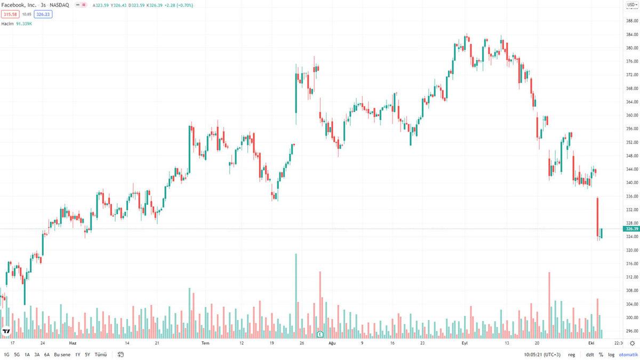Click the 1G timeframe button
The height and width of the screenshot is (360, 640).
coord(6,355)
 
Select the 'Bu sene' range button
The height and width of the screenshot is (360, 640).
coord(62,355)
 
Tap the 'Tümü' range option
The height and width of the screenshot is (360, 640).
coord(101,355)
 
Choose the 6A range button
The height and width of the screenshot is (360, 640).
coord(47,355)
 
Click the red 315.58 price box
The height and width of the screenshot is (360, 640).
coord(10,14)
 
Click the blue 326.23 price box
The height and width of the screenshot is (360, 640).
coord(43,14)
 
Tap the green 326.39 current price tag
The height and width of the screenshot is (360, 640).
coord(631,229)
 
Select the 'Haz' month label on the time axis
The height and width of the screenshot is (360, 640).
coord(73,343)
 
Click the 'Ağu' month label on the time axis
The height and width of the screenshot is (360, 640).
coord(332,343)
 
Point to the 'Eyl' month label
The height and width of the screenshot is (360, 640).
coord(464,343)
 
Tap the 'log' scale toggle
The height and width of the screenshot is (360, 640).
coord(611,355)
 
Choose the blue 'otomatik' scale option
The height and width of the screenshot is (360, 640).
coord(628,355)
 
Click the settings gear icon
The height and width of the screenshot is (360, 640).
coord(633,343)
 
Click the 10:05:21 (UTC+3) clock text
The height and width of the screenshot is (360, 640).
coord(541,355)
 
